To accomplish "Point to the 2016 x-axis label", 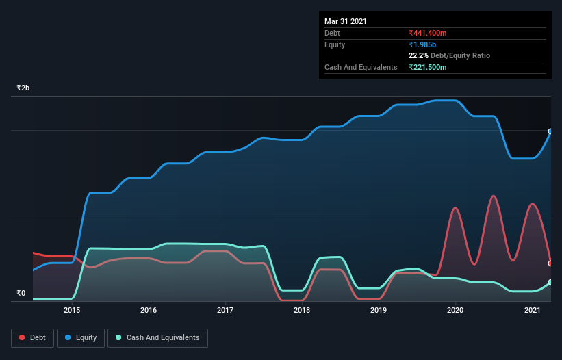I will [149, 311].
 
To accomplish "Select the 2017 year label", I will [225, 311].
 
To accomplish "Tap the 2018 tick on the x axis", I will [302, 311].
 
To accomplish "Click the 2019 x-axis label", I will [379, 311].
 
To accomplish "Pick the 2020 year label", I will [455, 311].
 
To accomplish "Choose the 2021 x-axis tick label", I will [532, 311].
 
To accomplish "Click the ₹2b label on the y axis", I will [23, 88].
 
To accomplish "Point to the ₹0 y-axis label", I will [21, 294].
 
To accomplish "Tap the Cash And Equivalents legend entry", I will [157, 337].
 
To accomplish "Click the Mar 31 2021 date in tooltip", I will [346, 21].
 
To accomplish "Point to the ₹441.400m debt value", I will [428, 33].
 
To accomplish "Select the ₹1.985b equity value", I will [422, 44].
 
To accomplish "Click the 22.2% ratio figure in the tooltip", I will [418, 55].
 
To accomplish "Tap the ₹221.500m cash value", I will [428, 67].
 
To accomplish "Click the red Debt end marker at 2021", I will [550, 263].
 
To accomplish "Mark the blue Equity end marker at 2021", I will [550, 131].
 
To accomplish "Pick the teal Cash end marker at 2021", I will [550, 282].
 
